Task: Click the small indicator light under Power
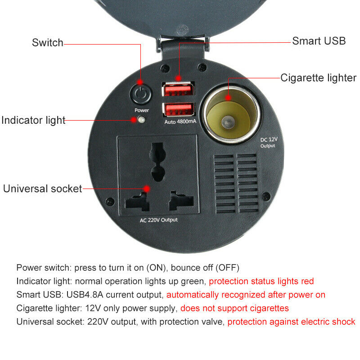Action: [142, 121]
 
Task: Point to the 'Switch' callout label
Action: [47, 43]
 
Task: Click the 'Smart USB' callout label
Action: [319, 41]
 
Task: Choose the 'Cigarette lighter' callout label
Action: [318, 78]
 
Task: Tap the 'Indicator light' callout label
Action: [33, 121]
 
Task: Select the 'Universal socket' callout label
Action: [43, 189]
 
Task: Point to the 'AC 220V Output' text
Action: [158, 220]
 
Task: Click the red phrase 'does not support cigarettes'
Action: [234, 308]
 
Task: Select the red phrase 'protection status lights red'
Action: [261, 281]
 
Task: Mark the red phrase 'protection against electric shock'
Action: [291, 322]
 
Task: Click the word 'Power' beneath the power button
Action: [141, 110]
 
